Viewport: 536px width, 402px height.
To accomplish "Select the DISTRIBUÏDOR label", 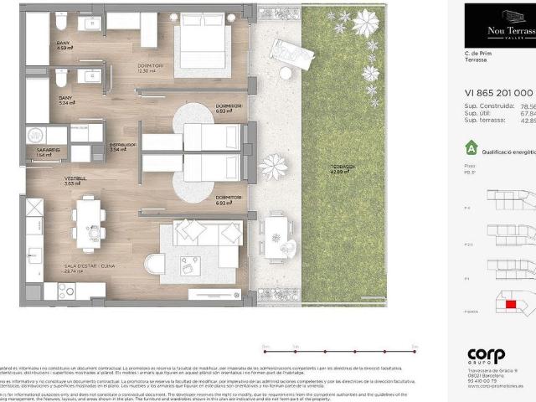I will [x=122, y=147].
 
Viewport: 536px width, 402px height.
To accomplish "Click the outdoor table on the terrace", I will [x=276, y=235].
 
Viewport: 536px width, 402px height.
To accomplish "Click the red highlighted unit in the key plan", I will [x=511, y=303].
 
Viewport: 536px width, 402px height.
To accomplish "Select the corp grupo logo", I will [x=487, y=357].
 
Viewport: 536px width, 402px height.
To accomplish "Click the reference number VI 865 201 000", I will [x=499, y=94].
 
